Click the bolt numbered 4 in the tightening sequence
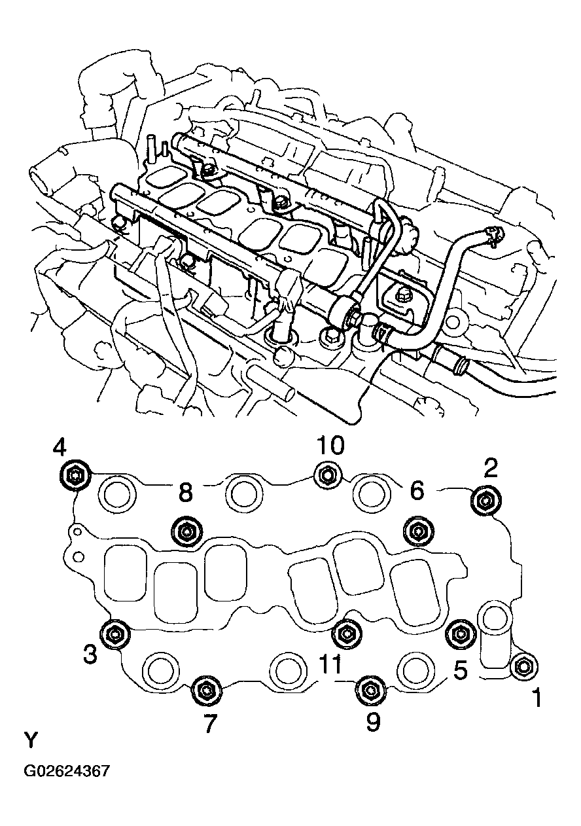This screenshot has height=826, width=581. coord(75,475)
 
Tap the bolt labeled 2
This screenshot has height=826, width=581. coord(485,501)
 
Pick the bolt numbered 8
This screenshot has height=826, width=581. coord(186,531)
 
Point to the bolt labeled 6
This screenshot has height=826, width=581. coord(417,531)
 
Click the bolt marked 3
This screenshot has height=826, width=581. coord(116,633)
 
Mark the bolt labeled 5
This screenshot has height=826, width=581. coord(460,633)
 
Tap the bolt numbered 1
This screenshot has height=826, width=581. coord(523,666)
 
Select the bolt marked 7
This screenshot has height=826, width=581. coord(206,690)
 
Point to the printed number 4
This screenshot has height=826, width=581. coord(60,448)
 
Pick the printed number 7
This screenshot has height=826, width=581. coord(209,725)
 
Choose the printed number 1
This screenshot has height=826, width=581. coord(536,699)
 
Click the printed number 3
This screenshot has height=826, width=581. coord(90,653)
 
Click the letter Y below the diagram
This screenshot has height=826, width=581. coord(31,741)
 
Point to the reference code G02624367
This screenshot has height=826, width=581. coord(67,770)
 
